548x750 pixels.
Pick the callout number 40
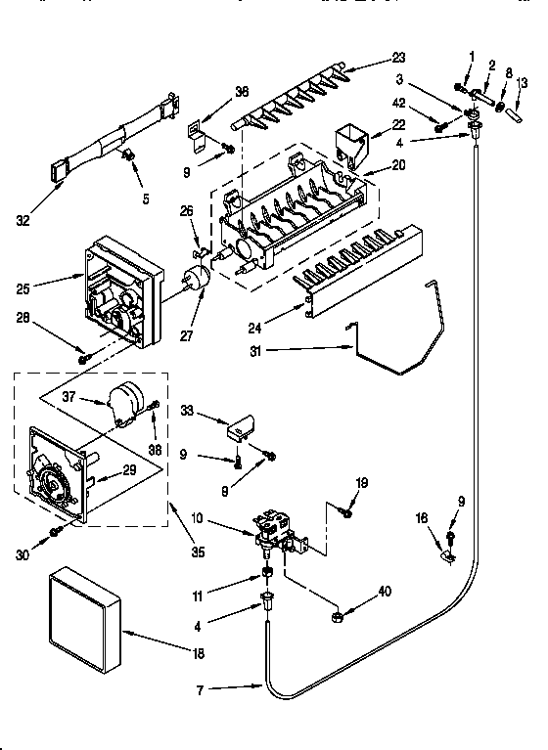pyautogui.click(x=385, y=591)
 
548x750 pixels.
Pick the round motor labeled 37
pyautogui.click(x=127, y=404)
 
